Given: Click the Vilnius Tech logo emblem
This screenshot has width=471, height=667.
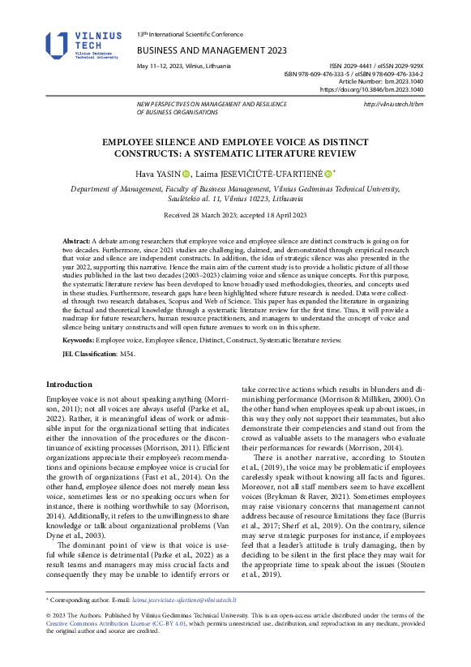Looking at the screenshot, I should point(58,45).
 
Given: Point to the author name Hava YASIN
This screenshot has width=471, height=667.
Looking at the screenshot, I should point(155,174).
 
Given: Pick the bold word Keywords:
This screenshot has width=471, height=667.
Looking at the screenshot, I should point(81,341).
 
